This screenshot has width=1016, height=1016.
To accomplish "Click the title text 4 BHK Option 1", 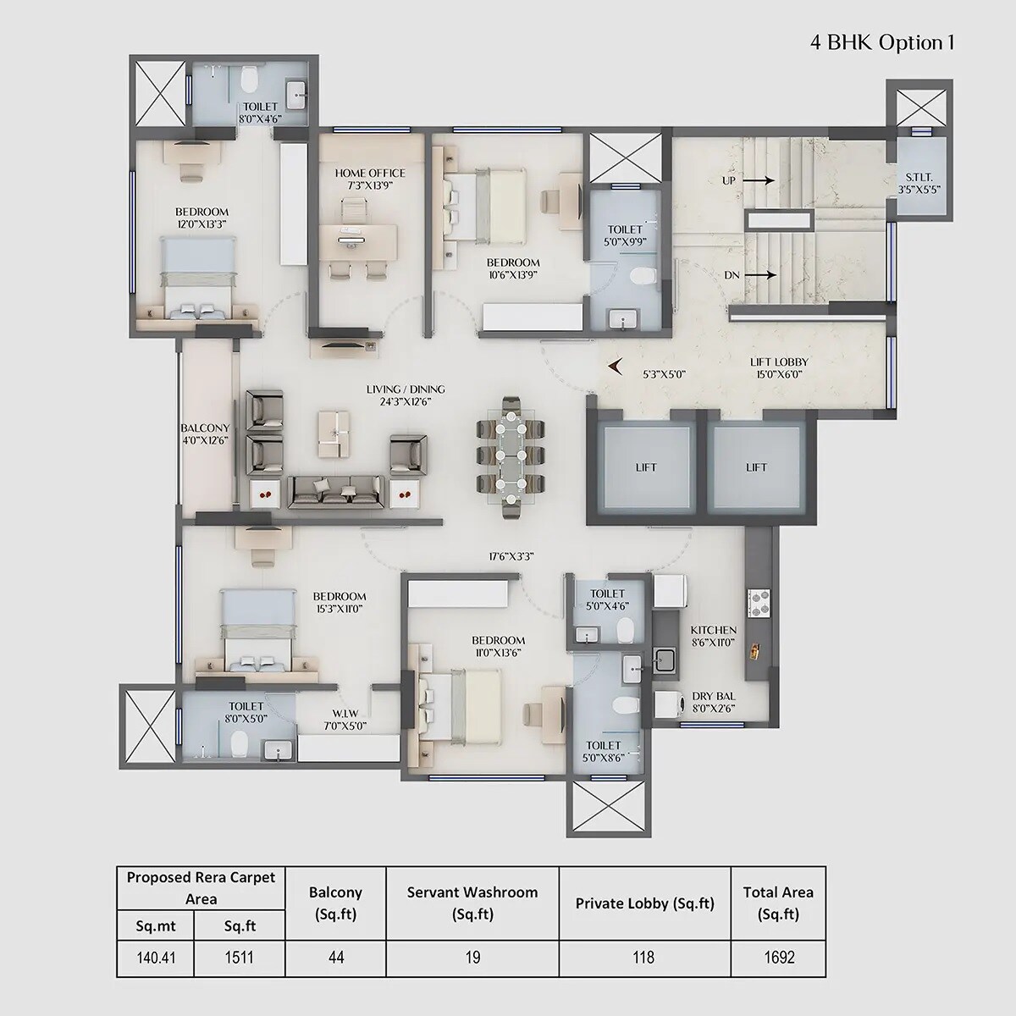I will point(882,43).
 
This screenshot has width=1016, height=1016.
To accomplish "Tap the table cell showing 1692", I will point(778,958).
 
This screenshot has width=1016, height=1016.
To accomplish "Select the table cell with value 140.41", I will point(155,958).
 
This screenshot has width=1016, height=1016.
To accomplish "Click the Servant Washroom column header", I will point(472,903).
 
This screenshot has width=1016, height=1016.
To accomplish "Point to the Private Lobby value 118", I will point(643,958).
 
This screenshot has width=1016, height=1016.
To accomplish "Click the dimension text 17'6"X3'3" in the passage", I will point(511,556).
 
